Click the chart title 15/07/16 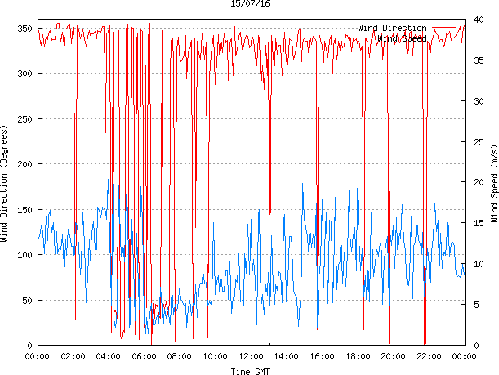250,4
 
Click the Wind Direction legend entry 391,29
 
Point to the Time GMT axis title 250,371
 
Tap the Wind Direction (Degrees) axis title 5,184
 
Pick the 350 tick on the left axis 23,29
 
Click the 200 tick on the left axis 23,164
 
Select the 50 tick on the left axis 25,300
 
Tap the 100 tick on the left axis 23,255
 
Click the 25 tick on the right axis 474,142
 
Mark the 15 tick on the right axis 474,223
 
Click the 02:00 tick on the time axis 74,356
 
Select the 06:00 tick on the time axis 145,356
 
